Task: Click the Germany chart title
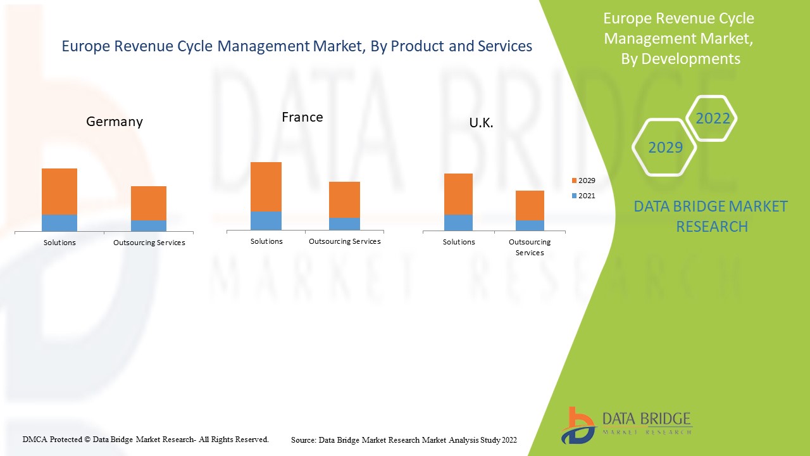pyautogui.click(x=115, y=122)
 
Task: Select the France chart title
pyautogui.click(x=302, y=117)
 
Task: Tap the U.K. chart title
pyautogui.click(x=481, y=123)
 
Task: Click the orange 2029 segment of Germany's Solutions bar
pyautogui.click(x=59, y=191)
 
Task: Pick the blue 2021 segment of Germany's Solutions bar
pyautogui.click(x=59, y=223)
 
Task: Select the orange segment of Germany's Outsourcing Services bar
pyautogui.click(x=149, y=203)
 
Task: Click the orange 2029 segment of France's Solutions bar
pyautogui.click(x=266, y=187)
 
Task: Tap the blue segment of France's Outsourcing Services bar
pyautogui.click(x=344, y=224)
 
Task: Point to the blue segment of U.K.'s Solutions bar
pyautogui.click(x=459, y=222)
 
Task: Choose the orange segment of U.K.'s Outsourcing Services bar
pyautogui.click(x=530, y=205)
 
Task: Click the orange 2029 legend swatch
pyautogui.click(x=574, y=181)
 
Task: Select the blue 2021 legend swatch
pyautogui.click(x=574, y=196)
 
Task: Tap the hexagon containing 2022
pyautogui.click(x=713, y=118)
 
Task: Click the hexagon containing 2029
pyautogui.click(x=665, y=148)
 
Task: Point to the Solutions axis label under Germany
pyautogui.click(x=59, y=243)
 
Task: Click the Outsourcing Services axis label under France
pyautogui.click(x=344, y=241)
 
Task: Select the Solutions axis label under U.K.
pyautogui.click(x=459, y=242)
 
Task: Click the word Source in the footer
pyautogui.click(x=304, y=440)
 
